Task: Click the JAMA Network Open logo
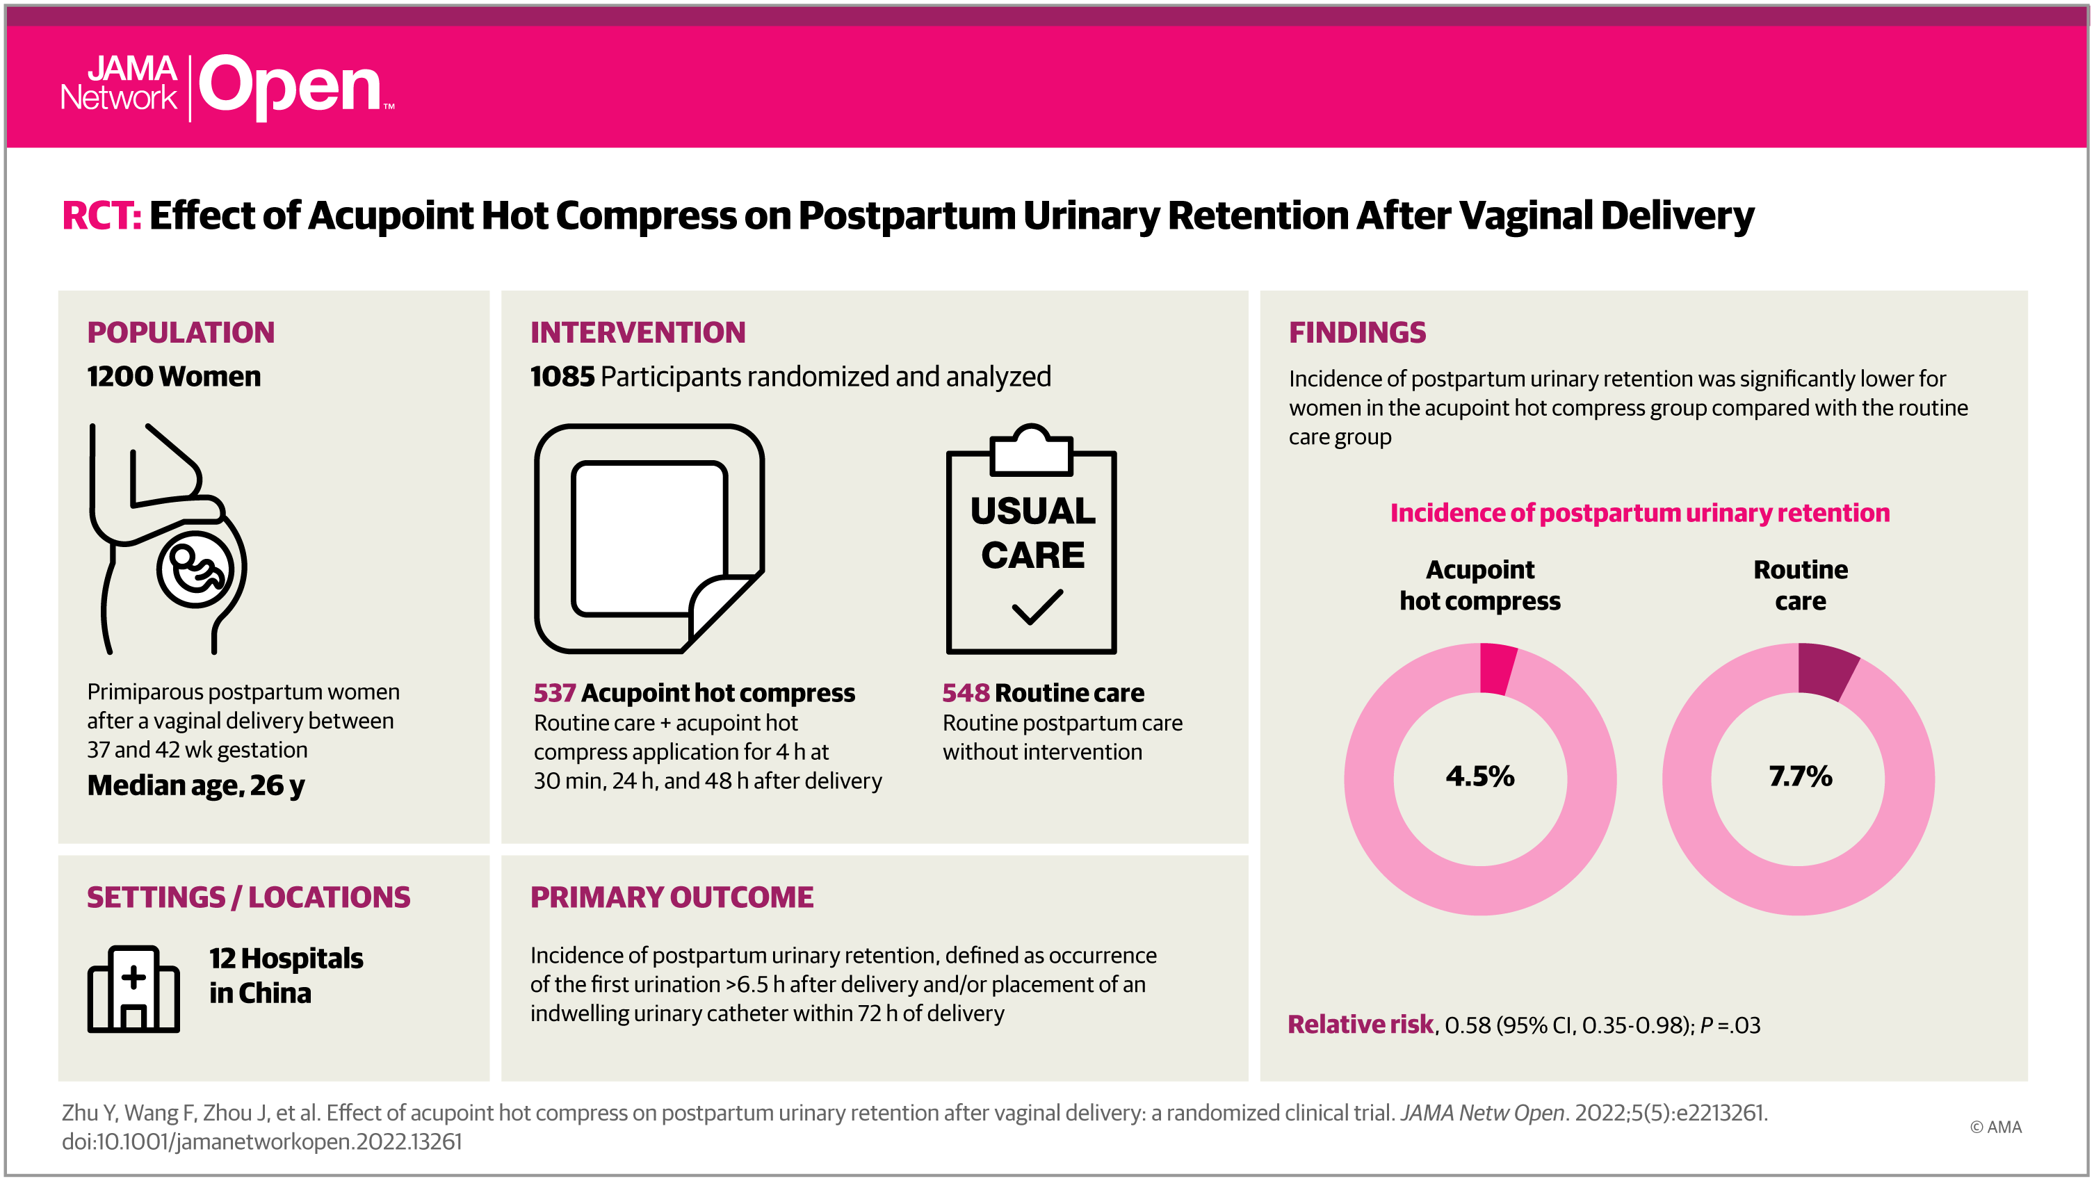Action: point(227,86)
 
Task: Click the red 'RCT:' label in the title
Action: point(102,216)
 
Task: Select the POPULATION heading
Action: point(181,332)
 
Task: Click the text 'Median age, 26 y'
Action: point(196,785)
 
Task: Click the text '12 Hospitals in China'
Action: point(285,975)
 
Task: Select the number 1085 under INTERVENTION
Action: point(562,376)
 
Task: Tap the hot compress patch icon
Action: point(649,538)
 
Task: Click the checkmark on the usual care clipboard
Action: point(1037,607)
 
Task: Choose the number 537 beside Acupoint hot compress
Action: point(554,692)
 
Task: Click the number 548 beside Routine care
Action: point(965,692)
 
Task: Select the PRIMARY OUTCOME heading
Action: point(672,897)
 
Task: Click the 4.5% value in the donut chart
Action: point(1479,776)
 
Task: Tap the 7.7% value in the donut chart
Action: point(1800,776)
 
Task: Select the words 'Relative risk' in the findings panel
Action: point(1360,1024)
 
